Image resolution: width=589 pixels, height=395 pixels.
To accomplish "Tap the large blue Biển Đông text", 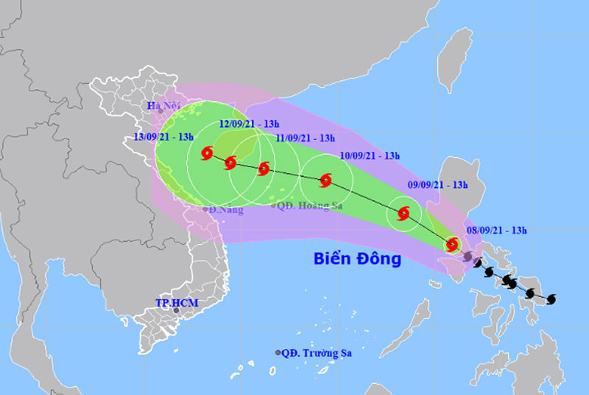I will pos(357,259).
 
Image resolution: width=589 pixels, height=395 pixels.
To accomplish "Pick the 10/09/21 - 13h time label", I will pos(370,155).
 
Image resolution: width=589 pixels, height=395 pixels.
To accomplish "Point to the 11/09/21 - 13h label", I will pos(306,138).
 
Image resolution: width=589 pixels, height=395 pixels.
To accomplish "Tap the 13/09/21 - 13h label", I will pos(164,138).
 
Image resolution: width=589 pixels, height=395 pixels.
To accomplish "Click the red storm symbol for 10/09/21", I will pos(325,179).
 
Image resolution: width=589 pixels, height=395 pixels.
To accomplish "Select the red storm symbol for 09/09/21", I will pos(403,214).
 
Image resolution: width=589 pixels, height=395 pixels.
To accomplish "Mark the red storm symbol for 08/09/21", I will pos(452,244).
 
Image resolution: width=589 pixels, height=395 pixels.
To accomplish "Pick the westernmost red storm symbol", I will pos(207,153).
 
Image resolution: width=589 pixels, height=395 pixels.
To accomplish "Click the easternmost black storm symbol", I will pos(551,298).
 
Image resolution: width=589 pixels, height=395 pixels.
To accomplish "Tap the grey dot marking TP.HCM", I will pos(176,311).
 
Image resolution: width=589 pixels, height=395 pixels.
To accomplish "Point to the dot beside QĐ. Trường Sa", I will pos(278,353).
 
